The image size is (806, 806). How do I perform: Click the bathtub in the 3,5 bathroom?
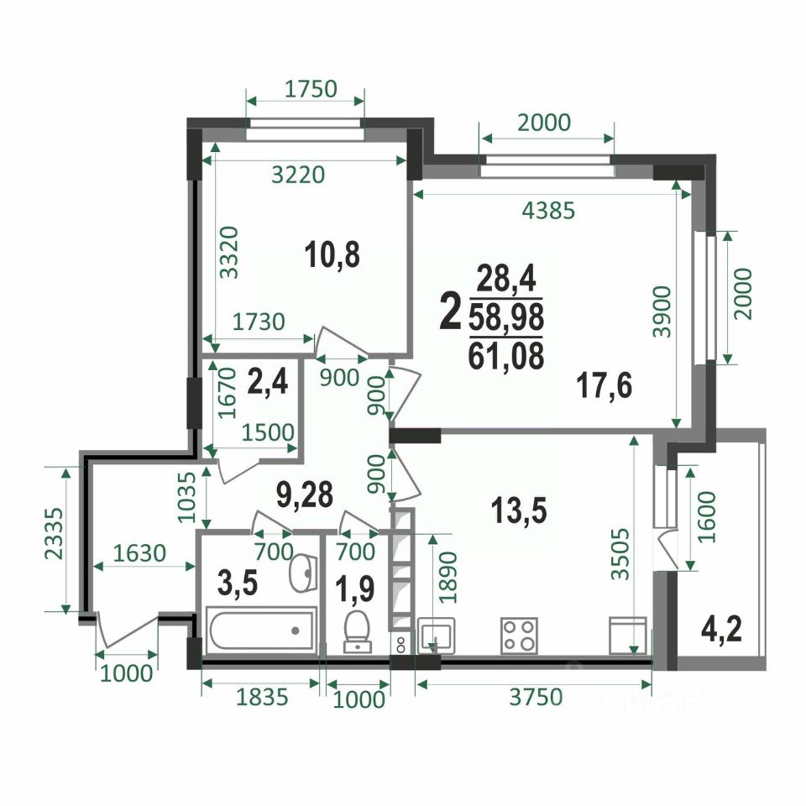[262, 630]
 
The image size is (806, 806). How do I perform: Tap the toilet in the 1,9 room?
[358, 631]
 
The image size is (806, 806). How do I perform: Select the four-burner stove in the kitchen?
[519, 636]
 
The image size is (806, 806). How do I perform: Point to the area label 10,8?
[332, 255]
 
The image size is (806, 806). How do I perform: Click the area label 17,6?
[604, 385]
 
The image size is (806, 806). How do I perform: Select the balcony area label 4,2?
[721, 630]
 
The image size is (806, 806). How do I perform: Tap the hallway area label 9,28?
[305, 495]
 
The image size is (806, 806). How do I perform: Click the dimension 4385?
[548, 210]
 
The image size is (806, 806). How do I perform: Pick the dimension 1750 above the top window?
[311, 89]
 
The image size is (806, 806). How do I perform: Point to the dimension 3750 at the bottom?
[536, 698]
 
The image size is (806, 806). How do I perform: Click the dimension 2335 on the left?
[54, 534]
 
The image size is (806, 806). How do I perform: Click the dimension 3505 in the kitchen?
[621, 554]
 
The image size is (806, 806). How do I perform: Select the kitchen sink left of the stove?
[437, 636]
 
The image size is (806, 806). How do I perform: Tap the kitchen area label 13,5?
[519, 512]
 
